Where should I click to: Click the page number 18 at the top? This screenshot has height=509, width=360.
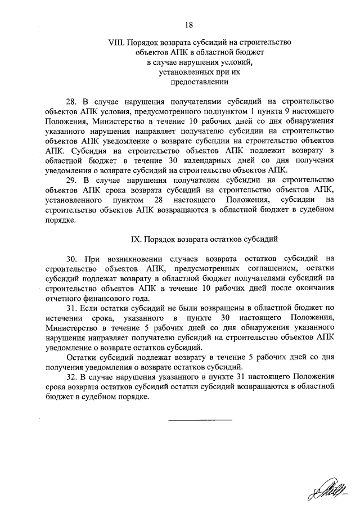click(x=189, y=24)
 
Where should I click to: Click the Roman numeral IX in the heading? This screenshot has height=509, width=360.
click(x=136, y=238)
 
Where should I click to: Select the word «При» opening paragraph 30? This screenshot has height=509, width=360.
click(x=91, y=259)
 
